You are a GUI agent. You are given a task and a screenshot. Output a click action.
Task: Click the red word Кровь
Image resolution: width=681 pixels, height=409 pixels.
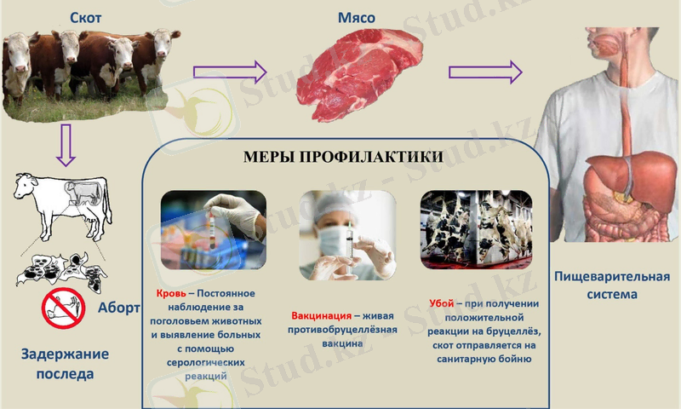coord(172,292)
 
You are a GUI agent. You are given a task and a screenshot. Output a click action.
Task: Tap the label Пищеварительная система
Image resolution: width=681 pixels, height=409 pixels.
coord(611,285)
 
